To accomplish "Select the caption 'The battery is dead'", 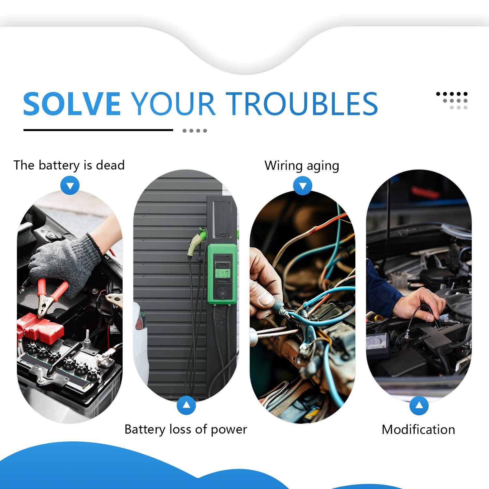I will coord(69,165).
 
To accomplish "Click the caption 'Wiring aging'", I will coord(302,166).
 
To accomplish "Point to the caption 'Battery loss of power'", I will coord(186,429).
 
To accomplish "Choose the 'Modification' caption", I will coord(418,429).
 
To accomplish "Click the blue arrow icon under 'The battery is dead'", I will coord(70,185).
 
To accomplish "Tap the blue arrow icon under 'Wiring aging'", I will coord(303,186).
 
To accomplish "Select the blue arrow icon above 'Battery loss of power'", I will coord(186,405).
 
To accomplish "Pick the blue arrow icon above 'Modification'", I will coord(419,406).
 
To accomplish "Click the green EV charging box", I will coord(222,274).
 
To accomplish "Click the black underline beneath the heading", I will coord(98,130).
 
